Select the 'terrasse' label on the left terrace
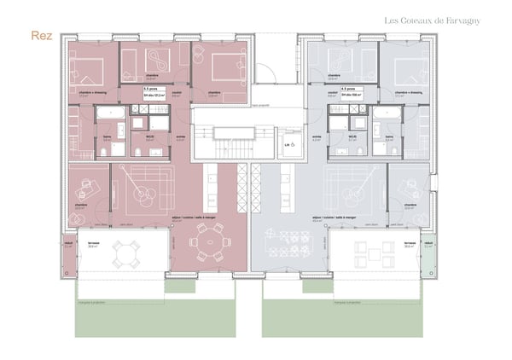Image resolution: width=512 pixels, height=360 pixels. [x=93, y=242]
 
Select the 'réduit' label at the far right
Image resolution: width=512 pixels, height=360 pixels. [x=429, y=242]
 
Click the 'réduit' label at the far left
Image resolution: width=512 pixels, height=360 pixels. [x=70, y=242]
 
